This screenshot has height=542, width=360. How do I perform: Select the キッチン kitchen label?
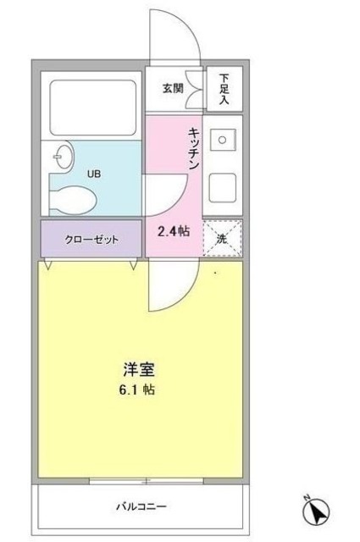tap(193, 147)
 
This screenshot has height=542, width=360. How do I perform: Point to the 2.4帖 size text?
tap(172, 229)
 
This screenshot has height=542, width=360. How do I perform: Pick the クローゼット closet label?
tap(91, 239)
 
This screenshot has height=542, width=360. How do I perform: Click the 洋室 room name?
tap(138, 370)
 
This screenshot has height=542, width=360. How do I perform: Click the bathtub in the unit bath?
tap(91, 108)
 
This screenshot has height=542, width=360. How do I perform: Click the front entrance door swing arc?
tap(174, 34)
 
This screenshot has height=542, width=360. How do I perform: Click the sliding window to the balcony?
tap(147, 482)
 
